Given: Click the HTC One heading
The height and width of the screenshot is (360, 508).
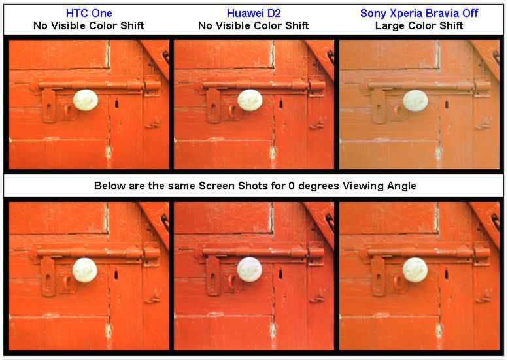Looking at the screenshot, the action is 89,13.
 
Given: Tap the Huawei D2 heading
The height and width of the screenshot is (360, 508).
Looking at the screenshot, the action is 254,13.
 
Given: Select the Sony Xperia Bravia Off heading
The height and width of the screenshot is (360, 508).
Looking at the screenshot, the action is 419,13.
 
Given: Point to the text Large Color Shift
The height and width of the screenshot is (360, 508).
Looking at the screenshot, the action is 419,25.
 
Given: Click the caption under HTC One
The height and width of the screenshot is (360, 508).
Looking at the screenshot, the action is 89,25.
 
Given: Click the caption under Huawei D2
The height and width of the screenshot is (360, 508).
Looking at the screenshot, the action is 254,25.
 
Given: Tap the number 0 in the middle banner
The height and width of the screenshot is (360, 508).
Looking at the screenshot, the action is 292,186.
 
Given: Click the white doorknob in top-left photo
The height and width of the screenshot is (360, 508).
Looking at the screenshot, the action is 86,100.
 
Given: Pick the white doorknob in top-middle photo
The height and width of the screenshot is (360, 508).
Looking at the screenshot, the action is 250,100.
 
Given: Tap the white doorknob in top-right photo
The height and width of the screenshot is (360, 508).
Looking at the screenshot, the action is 415,101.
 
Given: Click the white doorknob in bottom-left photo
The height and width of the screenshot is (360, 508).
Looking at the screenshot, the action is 85,270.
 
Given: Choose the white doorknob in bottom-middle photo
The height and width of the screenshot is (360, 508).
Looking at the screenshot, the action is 250,270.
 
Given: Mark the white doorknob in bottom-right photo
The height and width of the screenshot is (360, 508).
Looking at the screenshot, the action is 415,270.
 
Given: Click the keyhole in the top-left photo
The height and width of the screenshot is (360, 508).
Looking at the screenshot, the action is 116,104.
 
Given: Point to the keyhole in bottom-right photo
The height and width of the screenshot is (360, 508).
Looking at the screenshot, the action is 446,274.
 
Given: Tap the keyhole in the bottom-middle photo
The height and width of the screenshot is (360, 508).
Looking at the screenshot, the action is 280,274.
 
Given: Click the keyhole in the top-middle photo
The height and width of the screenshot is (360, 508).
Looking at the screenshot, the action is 281,104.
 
